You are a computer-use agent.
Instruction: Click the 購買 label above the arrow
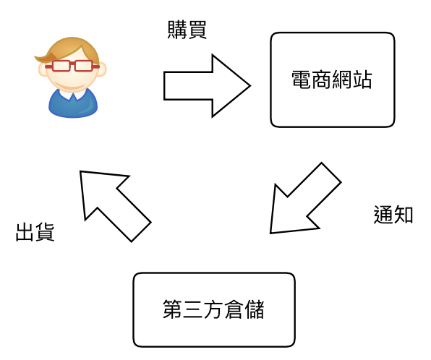pyautogui.click(x=187, y=30)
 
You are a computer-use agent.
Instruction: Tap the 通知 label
pyautogui.click(x=393, y=215)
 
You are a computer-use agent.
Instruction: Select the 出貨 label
pyautogui.click(x=35, y=232)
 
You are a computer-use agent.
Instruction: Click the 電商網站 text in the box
pyautogui.click(x=332, y=80)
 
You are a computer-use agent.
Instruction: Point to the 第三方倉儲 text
pyautogui.click(x=213, y=309)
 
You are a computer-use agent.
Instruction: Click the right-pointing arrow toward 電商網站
pyautogui.click(x=207, y=86)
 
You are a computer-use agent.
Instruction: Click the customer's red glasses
pyautogui.click(x=72, y=66)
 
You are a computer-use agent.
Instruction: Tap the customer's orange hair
pyautogui.click(x=69, y=49)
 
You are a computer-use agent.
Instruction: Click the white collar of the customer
pyautogui.click(x=73, y=94)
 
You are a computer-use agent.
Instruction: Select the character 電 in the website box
pyautogui.click(x=302, y=80)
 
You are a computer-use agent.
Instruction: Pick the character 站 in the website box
pyautogui.click(x=362, y=80)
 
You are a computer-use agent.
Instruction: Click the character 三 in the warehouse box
pyautogui.click(x=193, y=309)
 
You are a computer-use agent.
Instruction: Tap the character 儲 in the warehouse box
pyautogui.click(x=255, y=309)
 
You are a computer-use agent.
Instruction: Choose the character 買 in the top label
pyautogui.click(x=197, y=30)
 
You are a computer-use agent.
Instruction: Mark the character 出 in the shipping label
pyautogui.click(x=25, y=232)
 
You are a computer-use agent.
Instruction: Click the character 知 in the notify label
pyautogui.click(x=404, y=215)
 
